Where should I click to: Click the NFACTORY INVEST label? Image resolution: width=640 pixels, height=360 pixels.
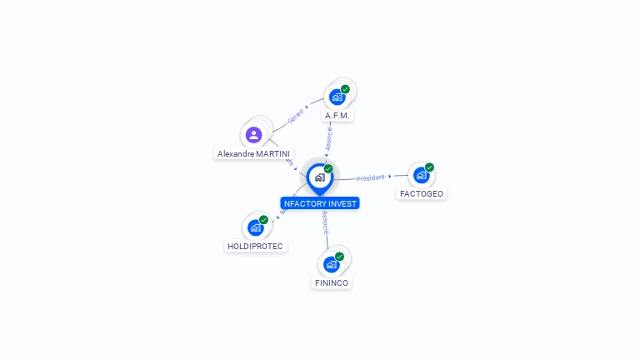(x=320, y=203)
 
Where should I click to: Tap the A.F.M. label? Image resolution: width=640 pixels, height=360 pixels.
(x=337, y=115)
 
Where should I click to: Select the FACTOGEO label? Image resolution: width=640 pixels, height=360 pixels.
(x=422, y=193)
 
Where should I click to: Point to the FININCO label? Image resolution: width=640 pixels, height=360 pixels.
(x=332, y=282)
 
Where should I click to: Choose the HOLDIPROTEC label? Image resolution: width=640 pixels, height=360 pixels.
(x=255, y=246)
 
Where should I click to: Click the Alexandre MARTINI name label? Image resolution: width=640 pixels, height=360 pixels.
(x=254, y=153)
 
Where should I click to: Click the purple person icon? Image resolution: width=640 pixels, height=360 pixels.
(x=254, y=134)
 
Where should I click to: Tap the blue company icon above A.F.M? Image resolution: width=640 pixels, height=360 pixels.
(x=337, y=97)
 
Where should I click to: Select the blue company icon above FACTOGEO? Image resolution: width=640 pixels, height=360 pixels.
(x=421, y=175)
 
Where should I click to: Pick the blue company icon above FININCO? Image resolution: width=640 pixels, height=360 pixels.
(x=331, y=264)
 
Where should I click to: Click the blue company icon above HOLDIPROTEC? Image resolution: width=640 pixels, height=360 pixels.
(x=255, y=227)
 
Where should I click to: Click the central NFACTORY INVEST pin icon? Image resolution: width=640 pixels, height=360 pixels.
(x=319, y=177)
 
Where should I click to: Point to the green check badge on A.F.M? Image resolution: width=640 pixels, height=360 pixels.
(x=345, y=89)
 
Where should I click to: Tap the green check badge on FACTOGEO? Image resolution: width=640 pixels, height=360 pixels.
(x=429, y=167)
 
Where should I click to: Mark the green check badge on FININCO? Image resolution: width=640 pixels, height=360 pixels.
(x=339, y=257)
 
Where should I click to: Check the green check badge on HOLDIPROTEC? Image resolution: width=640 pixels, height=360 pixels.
(x=263, y=220)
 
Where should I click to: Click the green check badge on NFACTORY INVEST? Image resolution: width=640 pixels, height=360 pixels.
(x=328, y=169)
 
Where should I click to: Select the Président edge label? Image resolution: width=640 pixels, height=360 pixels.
(x=371, y=177)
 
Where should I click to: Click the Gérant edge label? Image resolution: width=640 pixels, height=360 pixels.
(x=295, y=117)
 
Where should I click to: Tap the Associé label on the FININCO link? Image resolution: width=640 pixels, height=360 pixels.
(x=325, y=222)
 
